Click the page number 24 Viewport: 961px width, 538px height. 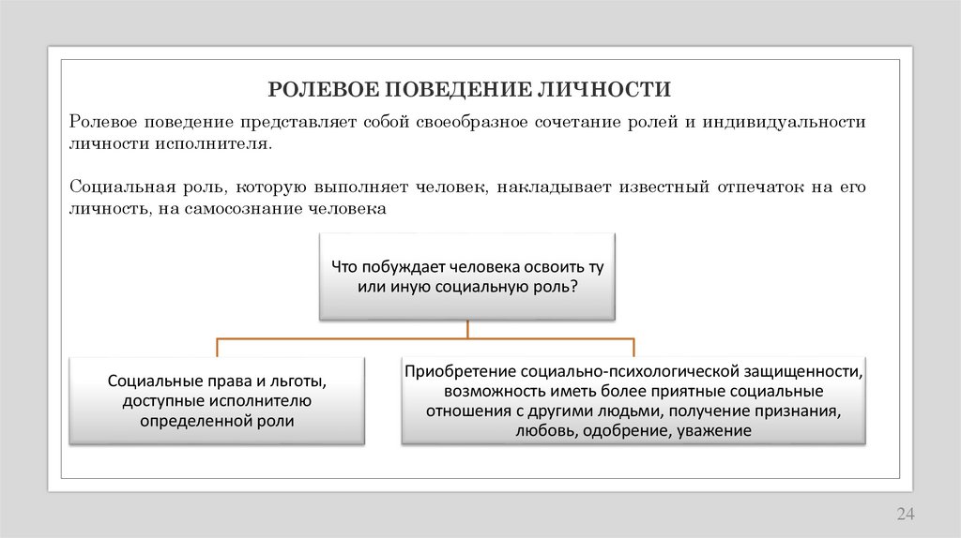point(905,514)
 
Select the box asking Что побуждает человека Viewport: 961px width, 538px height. point(466,276)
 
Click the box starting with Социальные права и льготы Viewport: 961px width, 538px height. point(217,401)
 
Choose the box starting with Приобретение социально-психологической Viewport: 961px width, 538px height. point(633,400)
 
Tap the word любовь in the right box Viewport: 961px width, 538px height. point(544,431)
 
